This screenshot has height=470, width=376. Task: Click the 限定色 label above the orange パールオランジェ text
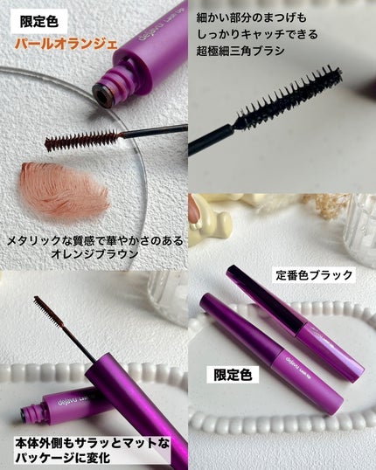[39, 22]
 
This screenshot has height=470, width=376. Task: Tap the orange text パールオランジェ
[66, 44]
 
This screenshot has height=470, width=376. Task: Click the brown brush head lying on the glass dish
[83, 140]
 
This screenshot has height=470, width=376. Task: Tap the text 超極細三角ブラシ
[240, 51]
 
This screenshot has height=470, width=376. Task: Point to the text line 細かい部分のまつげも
[252, 17]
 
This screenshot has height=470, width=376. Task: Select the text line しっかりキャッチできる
[257, 34]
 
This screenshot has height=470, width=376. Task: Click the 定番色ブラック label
[314, 275]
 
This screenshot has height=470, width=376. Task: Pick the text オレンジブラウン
[94, 254]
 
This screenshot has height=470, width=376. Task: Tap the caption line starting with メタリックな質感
[94, 241]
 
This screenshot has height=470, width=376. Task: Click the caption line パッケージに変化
[62, 458]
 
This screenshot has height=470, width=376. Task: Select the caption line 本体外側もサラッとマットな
[92, 444]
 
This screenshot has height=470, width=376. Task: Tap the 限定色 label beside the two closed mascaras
[233, 375]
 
